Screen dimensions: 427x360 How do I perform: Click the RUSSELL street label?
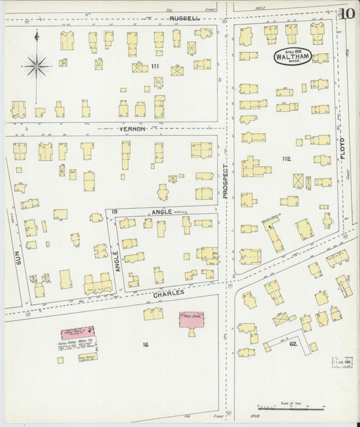[184, 18]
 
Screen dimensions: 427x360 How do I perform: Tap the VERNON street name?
[132, 128]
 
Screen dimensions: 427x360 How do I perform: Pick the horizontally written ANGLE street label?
[161, 212]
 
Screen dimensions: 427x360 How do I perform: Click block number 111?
[155, 66]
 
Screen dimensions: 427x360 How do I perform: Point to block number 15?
[115, 212]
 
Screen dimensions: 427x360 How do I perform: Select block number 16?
[145, 345]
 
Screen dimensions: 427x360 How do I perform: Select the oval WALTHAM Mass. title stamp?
[292, 57]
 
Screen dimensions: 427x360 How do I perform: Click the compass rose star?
[36, 66]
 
